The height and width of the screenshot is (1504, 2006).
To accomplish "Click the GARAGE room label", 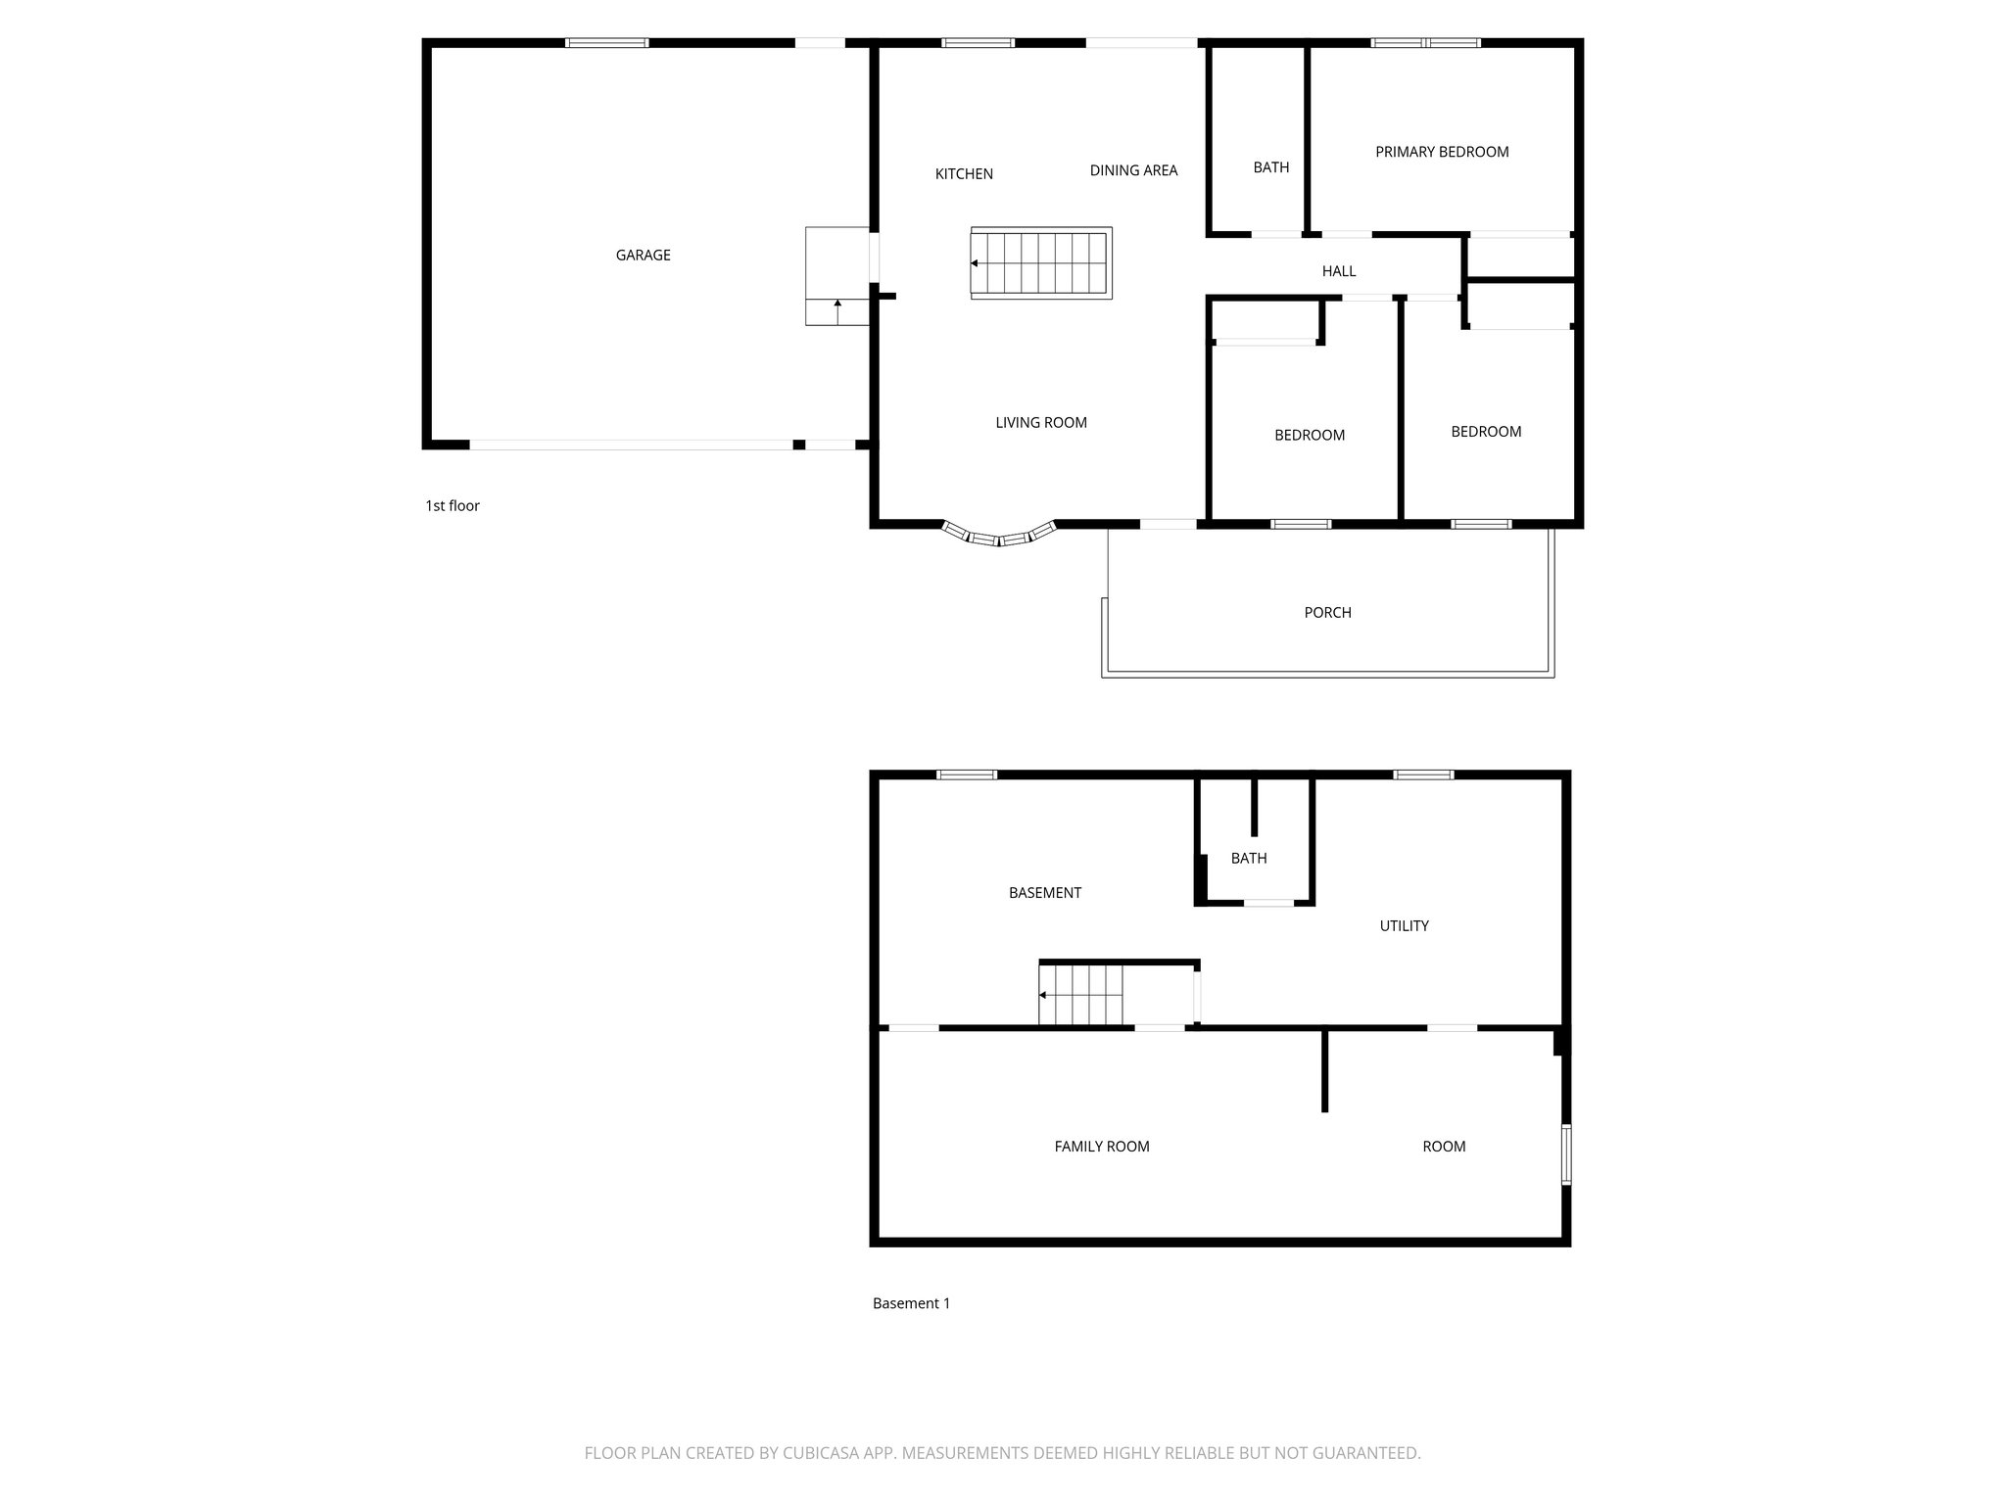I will (x=643, y=255).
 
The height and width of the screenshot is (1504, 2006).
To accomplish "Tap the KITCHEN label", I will (x=964, y=173).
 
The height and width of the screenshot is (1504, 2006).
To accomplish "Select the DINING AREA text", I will (x=1133, y=170).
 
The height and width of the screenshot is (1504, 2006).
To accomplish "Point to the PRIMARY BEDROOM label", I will (x=1441, y=152).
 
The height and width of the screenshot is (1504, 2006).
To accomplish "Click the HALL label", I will (x=1338, y=271).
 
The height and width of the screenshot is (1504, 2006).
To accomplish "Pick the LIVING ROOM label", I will (x=1041, y=423).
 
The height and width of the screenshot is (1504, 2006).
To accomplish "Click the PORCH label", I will (x=1327, y=613).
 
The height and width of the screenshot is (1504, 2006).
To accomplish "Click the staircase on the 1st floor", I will (x=1041, y=263).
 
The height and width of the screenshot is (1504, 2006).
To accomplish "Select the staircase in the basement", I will (x=1081, y=995).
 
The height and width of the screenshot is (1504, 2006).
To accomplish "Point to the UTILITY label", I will (x=1404, y=926).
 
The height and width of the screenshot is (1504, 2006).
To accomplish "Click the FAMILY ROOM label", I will (x=1101, y=1147).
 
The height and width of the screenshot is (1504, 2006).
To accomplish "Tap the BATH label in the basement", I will (x=1248, y=859).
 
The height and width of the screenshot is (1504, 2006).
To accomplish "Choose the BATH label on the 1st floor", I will (x=1270, y=167).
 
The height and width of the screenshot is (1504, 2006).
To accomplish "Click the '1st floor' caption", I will (x=453, y=506).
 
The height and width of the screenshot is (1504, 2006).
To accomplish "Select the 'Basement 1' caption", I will (x=911, y=1303).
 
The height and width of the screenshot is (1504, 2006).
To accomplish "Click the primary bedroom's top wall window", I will (x=1425, y=43).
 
